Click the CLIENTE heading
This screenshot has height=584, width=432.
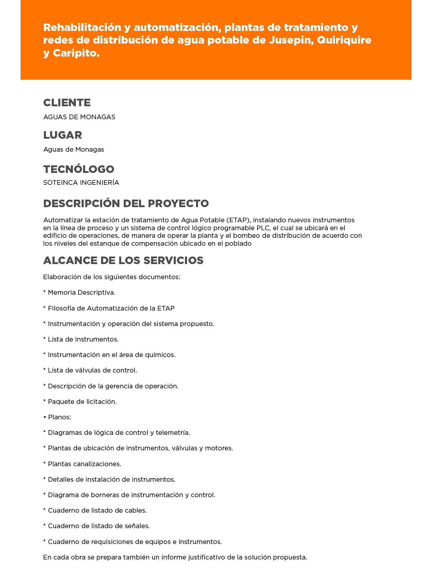(67, 103)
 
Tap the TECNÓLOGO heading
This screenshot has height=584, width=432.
(79, 169)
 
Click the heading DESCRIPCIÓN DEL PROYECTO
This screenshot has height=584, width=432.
(126, 204)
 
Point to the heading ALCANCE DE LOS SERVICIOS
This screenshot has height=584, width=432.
(123, 260)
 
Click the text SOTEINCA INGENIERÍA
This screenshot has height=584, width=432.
(81, 183)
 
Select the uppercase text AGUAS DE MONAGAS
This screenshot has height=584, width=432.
(79, 117)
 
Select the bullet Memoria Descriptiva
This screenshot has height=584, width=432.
(81, 293)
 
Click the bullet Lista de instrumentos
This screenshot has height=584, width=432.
(83, 339)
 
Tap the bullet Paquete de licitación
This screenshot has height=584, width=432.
(82, 402)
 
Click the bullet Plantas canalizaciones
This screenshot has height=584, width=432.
(84, 464)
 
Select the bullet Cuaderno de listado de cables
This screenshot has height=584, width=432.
(97, 511)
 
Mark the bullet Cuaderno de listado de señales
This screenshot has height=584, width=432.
(99, 526)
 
